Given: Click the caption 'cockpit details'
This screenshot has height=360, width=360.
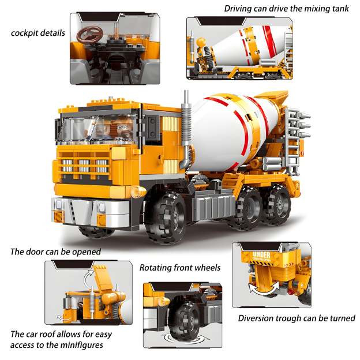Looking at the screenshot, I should coord(37,32).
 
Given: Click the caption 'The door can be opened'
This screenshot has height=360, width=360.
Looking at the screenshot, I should coord(55,252).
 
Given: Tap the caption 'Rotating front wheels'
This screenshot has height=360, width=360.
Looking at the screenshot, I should coord(180,267).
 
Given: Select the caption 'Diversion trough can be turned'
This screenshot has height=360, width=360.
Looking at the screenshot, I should coord(297,318).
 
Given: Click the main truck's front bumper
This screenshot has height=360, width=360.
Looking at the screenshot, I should coord(78,211).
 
